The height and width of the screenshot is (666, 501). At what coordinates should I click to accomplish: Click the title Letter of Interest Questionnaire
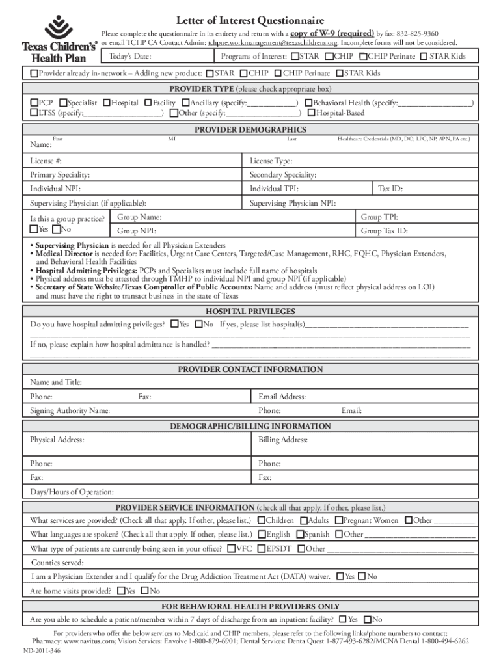coord(250,21)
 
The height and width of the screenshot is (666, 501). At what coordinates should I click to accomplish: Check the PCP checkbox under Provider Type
coord(34,103)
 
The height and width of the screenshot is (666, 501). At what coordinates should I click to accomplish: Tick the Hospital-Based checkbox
coord(311,113)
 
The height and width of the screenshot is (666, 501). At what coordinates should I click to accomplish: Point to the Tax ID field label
coord(390,189)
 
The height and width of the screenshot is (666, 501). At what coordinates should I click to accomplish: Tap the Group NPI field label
coord(137,231)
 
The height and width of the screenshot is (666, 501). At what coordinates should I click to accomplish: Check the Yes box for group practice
coord(34,230)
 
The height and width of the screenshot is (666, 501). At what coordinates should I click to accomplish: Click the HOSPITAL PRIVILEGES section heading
coord(250,312)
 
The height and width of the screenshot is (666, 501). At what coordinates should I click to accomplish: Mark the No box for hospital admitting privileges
coord(198,324)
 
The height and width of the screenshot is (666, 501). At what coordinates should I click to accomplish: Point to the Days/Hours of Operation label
coord(72,492)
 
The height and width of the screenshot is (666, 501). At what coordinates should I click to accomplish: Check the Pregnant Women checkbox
coord(339,520)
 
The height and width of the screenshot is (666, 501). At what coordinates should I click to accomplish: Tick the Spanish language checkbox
coord(300,535)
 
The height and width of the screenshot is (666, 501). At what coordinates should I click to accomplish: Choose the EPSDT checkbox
coord(262,549)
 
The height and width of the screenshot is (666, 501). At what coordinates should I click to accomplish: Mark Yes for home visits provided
coord(120,591)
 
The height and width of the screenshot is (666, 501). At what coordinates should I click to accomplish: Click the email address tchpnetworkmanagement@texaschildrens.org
coord(273,42)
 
